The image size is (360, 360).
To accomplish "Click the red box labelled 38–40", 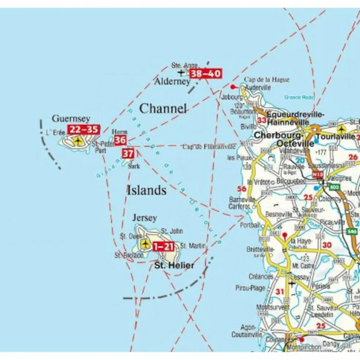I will click(206, 74).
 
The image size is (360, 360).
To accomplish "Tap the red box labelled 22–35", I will click(83, 130).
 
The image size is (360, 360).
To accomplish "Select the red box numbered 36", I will click(120, 140).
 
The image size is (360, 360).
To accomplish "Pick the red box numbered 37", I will click(128, 153).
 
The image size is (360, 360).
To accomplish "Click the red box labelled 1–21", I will click(163, 247).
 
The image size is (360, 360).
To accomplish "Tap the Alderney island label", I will click(172, 81).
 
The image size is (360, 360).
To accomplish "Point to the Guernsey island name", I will click(71, 119).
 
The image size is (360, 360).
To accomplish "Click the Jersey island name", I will click(145, 218).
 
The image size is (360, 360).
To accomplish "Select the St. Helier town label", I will click(174, 266).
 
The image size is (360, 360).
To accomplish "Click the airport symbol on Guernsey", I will click(78, 141).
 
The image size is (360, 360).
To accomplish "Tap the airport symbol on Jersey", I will click(145, 244).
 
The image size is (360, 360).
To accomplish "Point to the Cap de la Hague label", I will click(267, 80).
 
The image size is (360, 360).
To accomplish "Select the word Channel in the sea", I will click(163, 109).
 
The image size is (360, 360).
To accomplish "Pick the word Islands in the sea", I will click(147, 190).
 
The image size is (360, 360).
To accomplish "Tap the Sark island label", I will click(134, 166).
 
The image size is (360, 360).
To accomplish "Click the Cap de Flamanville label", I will click(209, 147).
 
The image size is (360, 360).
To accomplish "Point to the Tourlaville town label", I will click(335, 137).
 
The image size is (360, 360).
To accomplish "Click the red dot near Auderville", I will click(233, 87).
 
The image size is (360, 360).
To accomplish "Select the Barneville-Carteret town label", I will click(242, 203).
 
